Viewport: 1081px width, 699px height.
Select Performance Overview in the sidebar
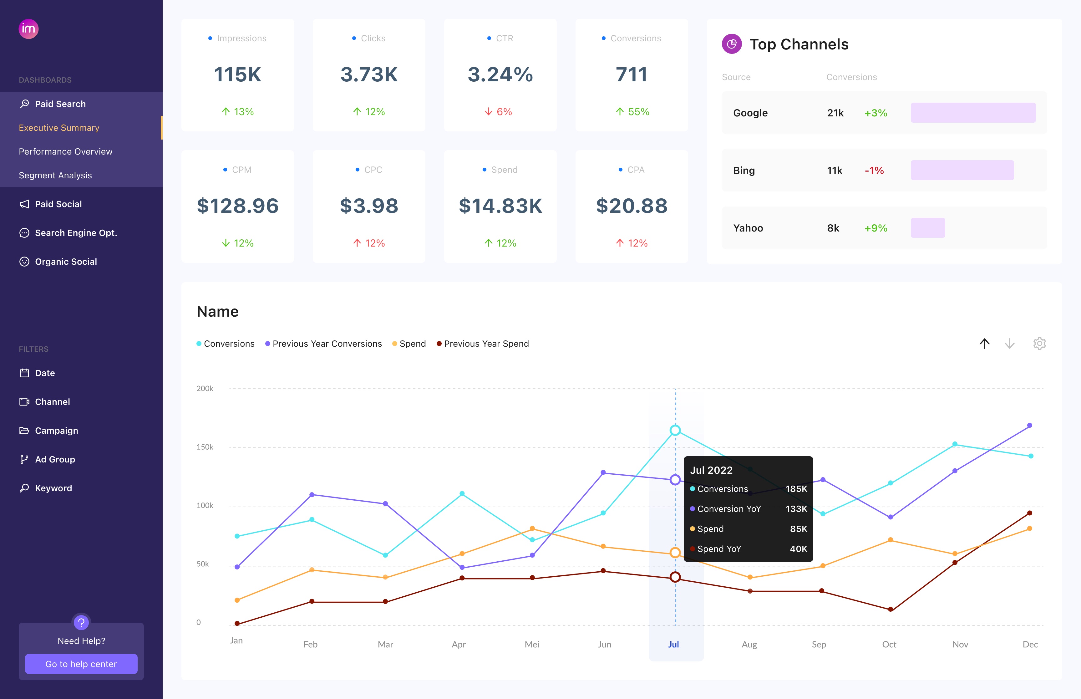(x=65, y=152)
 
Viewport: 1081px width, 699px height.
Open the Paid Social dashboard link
(x=58, y=204)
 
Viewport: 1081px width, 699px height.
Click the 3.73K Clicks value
(x=369, y=74)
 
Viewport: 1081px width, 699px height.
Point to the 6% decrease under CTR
(x=499, y=112)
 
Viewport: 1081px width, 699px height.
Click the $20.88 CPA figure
(x=632, y=206)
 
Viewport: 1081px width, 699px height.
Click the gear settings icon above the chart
(x=1039, y=344)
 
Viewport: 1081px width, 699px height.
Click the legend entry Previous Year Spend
(x=486, y=344)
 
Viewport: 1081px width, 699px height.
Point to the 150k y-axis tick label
(x=205, y=447)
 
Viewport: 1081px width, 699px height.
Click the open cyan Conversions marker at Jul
(x=675, y=430)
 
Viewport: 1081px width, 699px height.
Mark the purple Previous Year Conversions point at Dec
(x=1029, y=425)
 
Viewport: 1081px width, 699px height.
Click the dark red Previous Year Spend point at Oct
(x=890, y=609)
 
